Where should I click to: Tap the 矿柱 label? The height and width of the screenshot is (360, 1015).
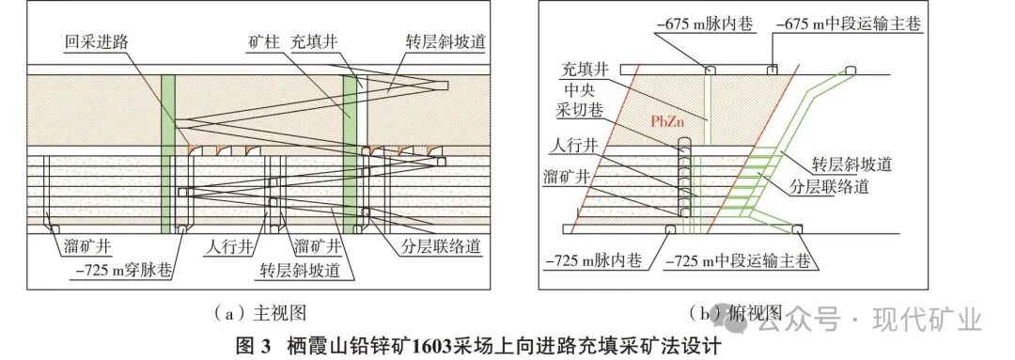253,42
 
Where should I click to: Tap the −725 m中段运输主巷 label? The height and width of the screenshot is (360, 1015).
737,258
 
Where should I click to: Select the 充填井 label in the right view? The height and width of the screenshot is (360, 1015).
582,69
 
